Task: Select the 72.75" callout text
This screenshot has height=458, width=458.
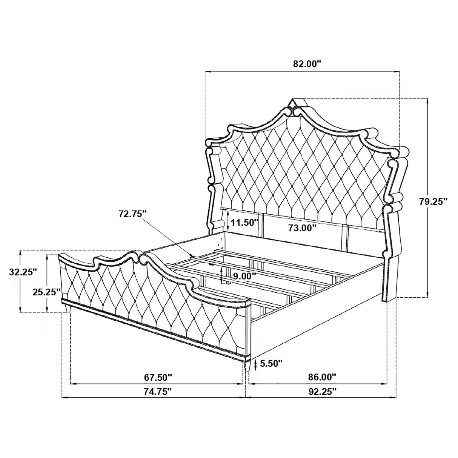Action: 132,214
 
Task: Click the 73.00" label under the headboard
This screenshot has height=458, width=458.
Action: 302,228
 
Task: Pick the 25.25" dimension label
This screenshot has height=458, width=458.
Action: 46,292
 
